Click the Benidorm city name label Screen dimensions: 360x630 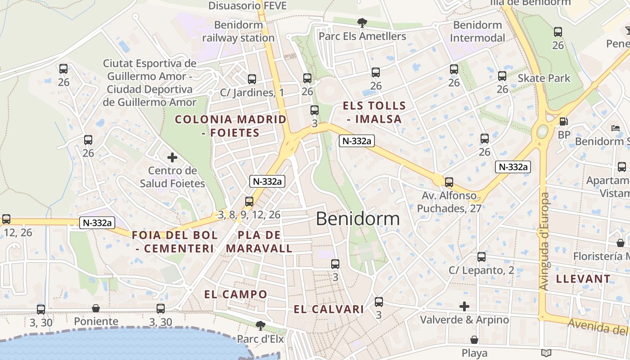coord(358,219)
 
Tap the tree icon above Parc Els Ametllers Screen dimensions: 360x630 coord(362,22)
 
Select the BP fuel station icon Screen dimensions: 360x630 coord(563,121)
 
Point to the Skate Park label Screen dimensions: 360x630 coord(544,78)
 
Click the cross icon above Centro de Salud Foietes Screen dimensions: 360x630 coord(172,157)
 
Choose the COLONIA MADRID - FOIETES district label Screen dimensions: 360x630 coord(230,126)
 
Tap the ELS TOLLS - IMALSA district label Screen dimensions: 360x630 coord(374,112)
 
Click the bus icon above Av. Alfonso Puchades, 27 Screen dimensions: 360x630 coord(449,182)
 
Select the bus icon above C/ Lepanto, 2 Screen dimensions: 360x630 coord(481,257)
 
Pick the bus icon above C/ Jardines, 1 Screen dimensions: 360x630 coord(252,79)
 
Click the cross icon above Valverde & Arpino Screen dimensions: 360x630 coord(464,306)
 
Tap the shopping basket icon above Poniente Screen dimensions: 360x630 coord(96,308)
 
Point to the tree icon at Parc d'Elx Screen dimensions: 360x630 coord(260,325)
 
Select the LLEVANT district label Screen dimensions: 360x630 coord(583,279)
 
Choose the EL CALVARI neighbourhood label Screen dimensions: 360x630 coord(329,309)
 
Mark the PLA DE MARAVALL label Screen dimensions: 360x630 coord(259,242)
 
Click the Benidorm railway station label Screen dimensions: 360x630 coord(238,31)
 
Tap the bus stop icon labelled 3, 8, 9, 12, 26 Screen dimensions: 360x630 coord(249,202)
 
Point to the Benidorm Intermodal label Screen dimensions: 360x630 coord(477,31)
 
